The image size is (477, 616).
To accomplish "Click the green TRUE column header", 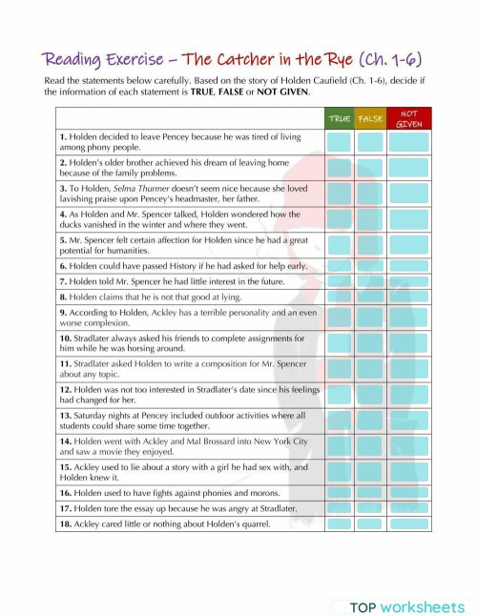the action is tap(340, 118).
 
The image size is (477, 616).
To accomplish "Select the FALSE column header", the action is tap(371, 118).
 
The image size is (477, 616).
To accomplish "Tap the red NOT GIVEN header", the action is tap(409, 118).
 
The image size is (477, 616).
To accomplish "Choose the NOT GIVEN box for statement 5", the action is tap(409, 247).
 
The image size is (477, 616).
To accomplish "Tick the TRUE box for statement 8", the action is tap(340, 298).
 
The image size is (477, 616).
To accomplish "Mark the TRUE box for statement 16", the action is tap(340, 493).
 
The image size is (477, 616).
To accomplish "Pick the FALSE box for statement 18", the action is tap(371, 524).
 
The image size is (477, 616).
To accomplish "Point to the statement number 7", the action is tap(62, 281).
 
